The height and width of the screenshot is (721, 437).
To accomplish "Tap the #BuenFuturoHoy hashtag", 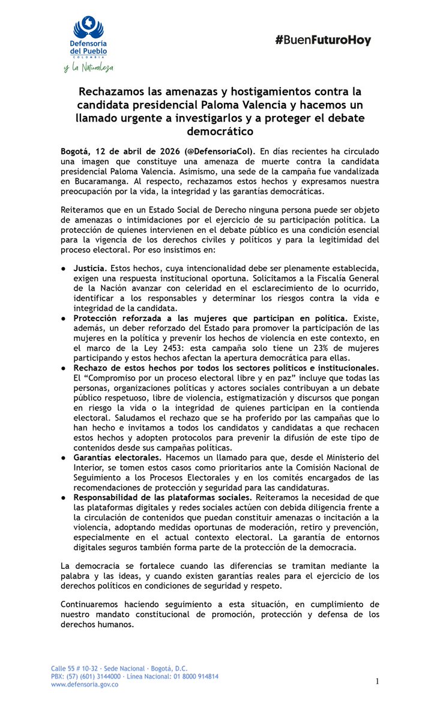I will [323, 41].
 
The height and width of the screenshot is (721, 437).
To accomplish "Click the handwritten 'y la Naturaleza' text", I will [88, 67].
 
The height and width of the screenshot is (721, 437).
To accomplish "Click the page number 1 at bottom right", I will [377, 681].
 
